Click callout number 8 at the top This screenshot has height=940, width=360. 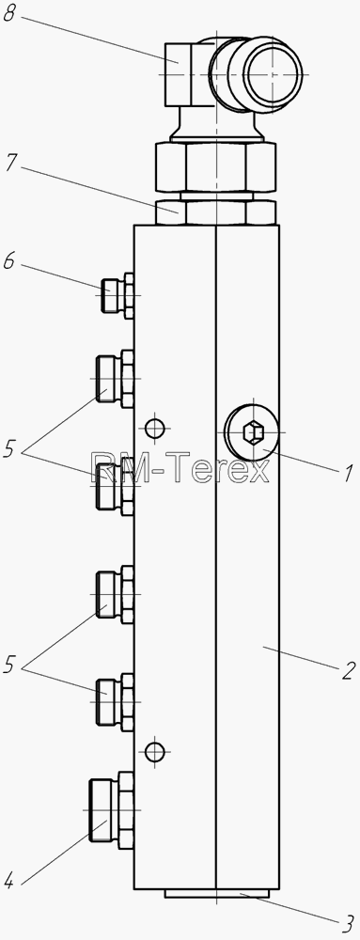9,14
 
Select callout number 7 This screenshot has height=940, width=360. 10,164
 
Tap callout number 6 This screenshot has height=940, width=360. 9,262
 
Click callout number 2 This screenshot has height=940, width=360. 350,671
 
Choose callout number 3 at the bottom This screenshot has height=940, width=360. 348,924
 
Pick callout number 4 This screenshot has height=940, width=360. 8,882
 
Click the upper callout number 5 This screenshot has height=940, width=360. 9,449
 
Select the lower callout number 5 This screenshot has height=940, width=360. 9,665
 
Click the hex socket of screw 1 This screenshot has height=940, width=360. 252,432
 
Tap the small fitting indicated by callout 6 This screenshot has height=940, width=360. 117,295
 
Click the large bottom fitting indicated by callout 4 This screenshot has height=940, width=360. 112,810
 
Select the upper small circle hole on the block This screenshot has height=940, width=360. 155,428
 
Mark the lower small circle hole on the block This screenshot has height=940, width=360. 155,750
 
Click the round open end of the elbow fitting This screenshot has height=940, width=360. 272,74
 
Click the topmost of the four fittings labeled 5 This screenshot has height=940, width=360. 115,379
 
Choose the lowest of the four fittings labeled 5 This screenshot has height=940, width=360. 115,702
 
